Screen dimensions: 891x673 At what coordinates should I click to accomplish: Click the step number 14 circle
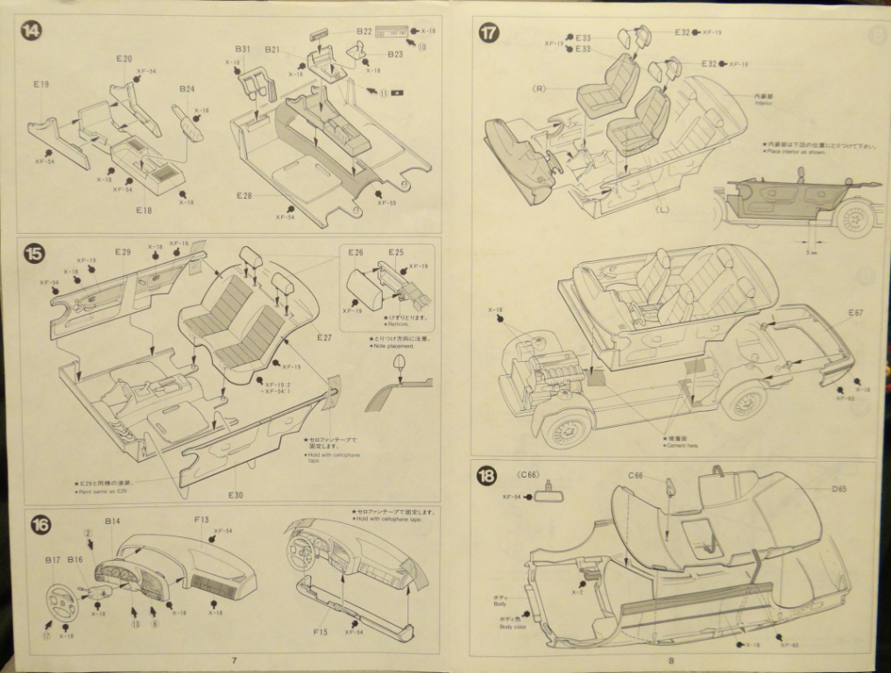pyautogui.click(x=32, y=31)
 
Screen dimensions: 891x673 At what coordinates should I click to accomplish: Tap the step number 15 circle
pyautogui.click(x=33, y=254)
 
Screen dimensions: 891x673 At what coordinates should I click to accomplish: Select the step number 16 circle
pyautogui.click(x=40, y=524)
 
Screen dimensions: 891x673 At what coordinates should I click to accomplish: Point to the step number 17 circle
pyautogui.click(x=488, y=33)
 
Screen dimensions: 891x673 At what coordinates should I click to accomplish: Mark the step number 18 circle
pyautogui.click(x=487, y=476)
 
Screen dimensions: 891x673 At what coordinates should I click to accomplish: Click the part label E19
pyautogui.click(x=41, y=85)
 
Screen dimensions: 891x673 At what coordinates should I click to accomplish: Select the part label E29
pyautogui.click(x=122, y=252)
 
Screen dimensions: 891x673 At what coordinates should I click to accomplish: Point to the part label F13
pyautogui.click(x=202, y=520)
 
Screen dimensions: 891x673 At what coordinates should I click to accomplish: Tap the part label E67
pyautogui.click(x=855, y=313)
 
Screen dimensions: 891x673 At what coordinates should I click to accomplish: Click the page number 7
pyautogui.click(x=234, y=660)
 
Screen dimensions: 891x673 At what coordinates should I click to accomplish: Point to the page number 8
pyautogui.click(x=670, y=661)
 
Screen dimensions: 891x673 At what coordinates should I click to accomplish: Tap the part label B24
pyautogui.click(x=187, y=89)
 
